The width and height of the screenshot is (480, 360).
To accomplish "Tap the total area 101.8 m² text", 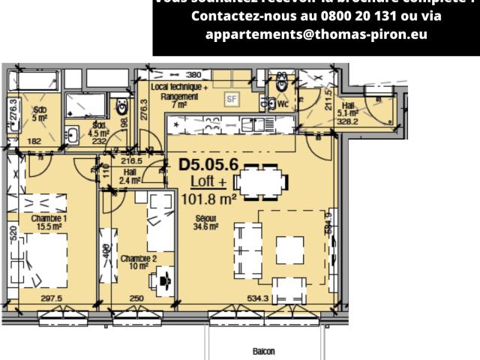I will tap(209, 199).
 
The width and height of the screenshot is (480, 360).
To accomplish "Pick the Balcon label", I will tap(263, 351).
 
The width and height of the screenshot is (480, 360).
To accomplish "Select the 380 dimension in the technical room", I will tap(193, 75).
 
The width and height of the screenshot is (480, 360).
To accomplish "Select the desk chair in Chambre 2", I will tap(163, 281).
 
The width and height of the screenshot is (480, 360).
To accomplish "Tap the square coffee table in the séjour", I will tap(288, 248).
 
